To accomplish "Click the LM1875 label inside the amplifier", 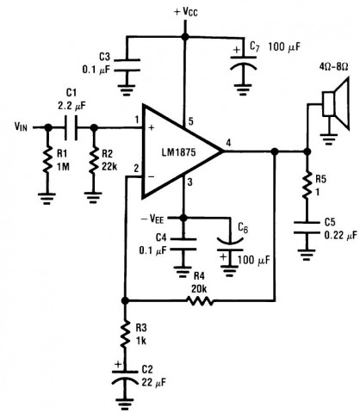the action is tap(178, 152).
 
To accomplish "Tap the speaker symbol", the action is tap(336, 104).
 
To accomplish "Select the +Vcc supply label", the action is tap(186, 12).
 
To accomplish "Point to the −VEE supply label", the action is tap(152, 219).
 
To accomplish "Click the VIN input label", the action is tap(21, 126).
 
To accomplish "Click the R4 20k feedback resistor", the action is tap(200, 301).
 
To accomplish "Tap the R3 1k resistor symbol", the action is tap(125, 335).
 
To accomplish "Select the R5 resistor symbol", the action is tap(307, 185).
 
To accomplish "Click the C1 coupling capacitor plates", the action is tap(71, 127).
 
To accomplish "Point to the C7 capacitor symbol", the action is tap(244, 63).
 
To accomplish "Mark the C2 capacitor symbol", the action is tap(124, 376).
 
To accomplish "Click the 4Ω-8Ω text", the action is tap(334, 67).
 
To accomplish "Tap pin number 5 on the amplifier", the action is tap(190, 121).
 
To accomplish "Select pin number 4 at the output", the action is tap(228, 143).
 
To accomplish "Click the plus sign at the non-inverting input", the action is tap(152, 127).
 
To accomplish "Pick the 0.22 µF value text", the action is tap(341, 236).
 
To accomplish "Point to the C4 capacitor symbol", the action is tap(183, 244).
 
